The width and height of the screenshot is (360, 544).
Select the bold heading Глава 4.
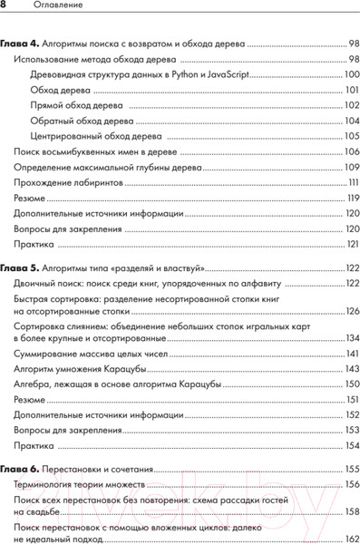[18, 43]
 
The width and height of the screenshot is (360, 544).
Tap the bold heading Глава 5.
[18, 268]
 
